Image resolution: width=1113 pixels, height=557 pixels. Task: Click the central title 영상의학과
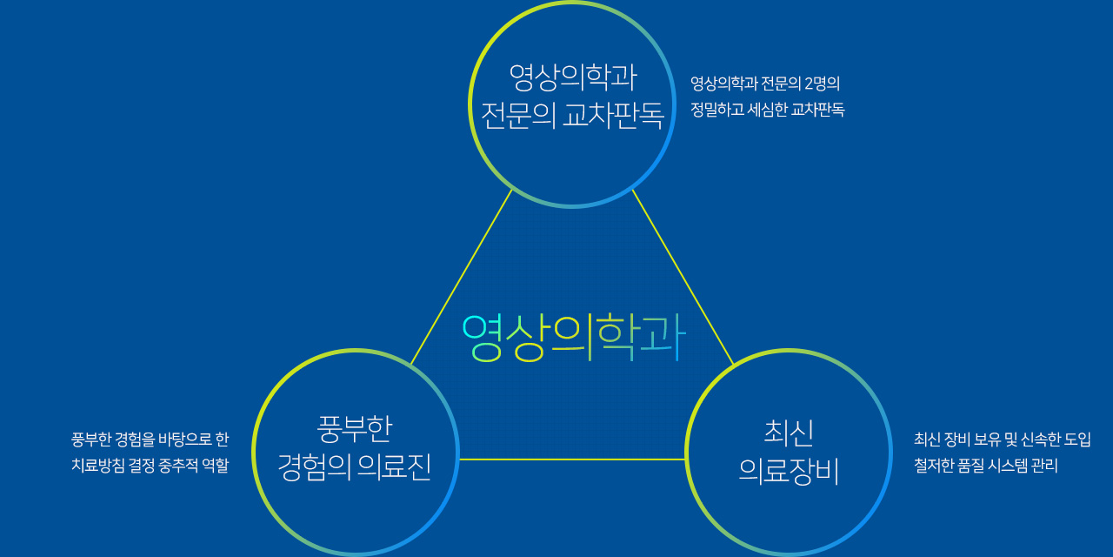click(574, 339)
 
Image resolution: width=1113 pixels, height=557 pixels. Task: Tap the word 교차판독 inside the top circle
click(614, 117)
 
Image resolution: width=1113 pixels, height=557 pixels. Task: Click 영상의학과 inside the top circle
click(573, 77)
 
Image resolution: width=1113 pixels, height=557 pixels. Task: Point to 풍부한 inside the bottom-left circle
click(355, 429)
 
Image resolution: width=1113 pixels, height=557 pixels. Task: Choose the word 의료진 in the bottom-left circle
click(395, 467)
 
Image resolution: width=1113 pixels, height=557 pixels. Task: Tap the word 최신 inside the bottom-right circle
click(789, 433)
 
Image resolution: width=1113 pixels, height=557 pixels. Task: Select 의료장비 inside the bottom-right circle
click(789, 471)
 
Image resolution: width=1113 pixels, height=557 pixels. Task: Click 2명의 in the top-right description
click(822, 84)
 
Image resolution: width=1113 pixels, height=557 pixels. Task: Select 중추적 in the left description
click(178, 466)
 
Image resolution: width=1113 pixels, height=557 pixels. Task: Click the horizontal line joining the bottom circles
click(572, 459)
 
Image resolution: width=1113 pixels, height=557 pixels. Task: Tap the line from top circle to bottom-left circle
click(462, 277)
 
